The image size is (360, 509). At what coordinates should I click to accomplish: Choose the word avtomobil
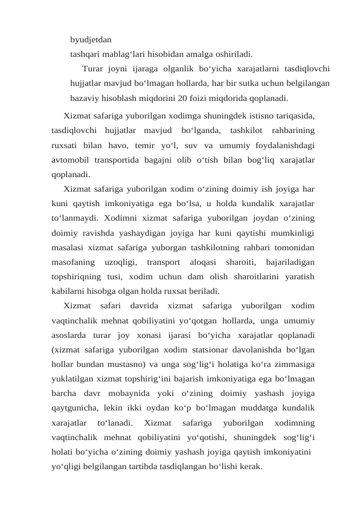point(72,160)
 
